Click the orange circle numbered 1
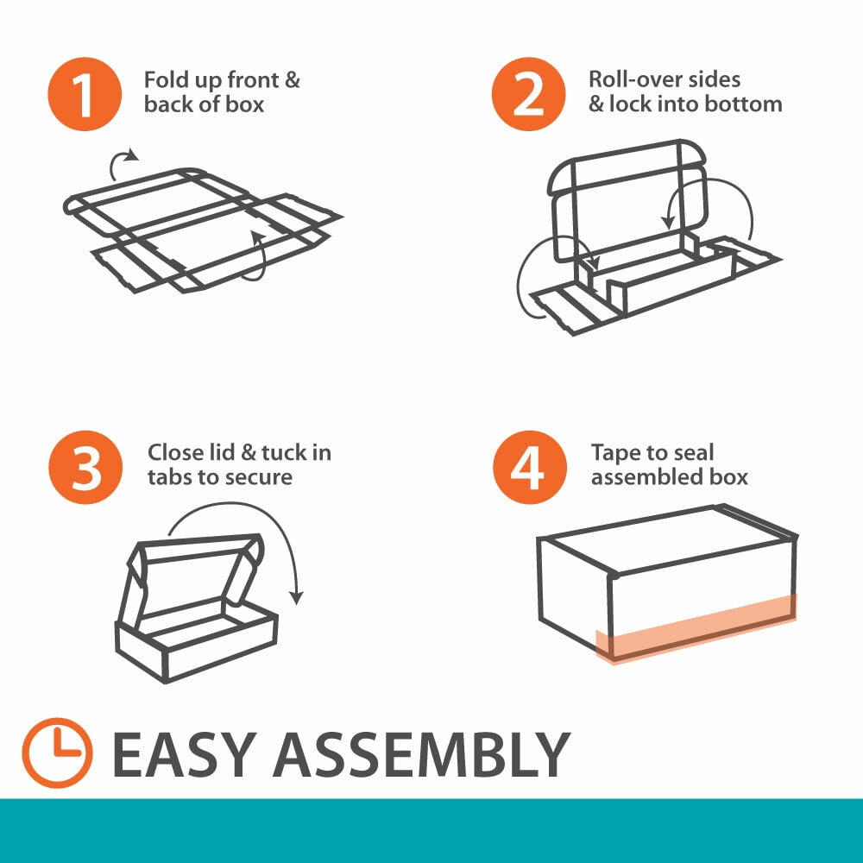point(85,94)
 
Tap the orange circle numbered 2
point(528,94)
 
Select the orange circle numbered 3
point(85,467)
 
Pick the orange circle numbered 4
point(530,467)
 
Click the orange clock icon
point(57,753)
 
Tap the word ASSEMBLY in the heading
point(422,754)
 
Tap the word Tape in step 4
point(614,454)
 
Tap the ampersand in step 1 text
point(293,80)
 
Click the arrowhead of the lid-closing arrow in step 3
point(297,598)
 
